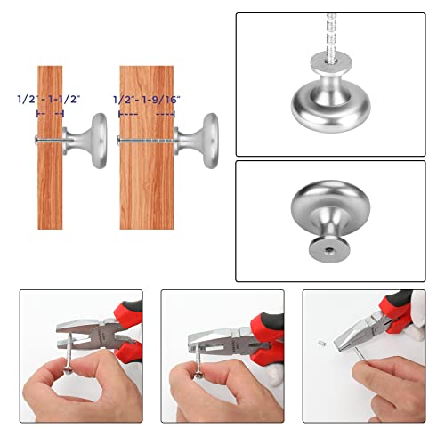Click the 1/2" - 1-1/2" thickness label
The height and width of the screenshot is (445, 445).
pos(49,100)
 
